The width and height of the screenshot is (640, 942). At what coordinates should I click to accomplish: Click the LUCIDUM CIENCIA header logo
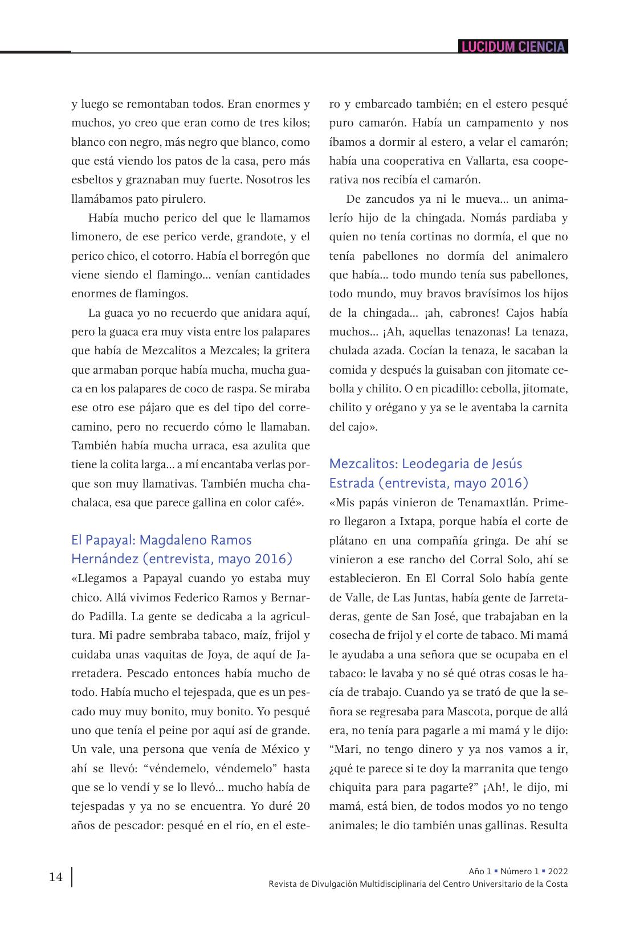[512, 47]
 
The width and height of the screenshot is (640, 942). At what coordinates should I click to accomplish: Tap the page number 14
[56, 877]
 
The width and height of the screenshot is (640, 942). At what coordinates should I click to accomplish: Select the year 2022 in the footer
[558, 871]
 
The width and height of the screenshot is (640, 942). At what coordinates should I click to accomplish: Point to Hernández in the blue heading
[104, 559]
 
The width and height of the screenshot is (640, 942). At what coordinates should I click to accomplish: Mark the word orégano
[389, 408]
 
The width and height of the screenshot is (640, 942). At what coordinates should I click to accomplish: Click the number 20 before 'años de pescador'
[304, 806]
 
